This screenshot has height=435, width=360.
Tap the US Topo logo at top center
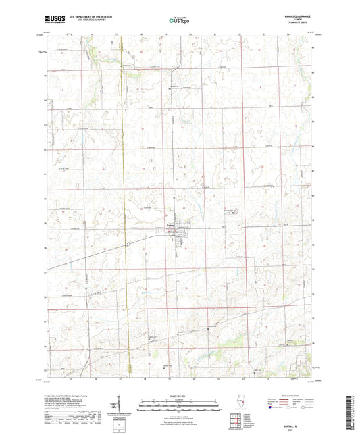[x=179, y=21]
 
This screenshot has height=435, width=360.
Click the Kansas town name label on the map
[x=172, y=226]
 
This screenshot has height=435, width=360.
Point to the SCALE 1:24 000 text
[x=180, y=395]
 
